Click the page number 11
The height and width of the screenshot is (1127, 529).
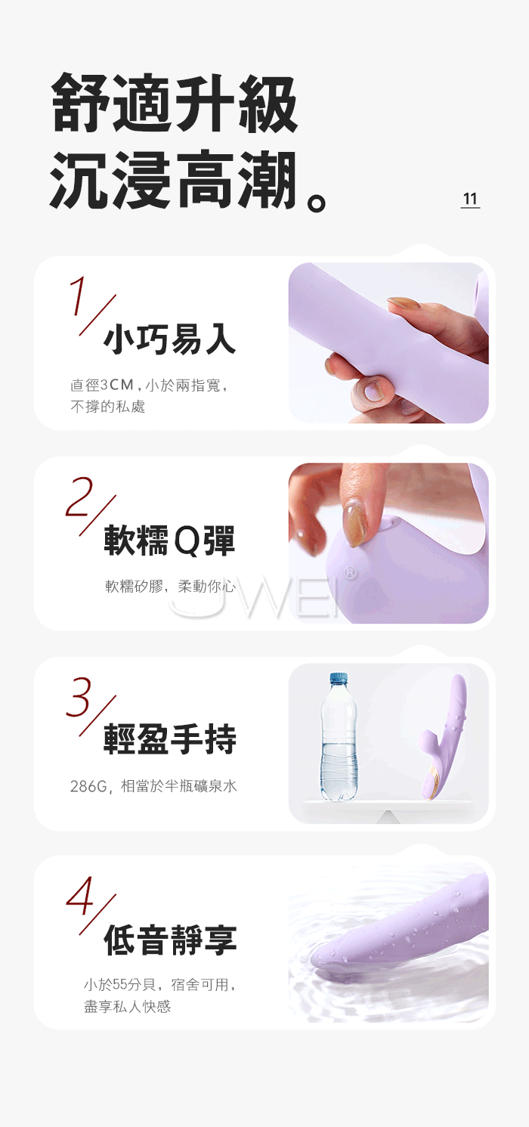469,199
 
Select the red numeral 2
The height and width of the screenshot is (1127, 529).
79,497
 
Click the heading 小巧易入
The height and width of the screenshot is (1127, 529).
169,339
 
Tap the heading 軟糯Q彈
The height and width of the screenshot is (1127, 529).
169,540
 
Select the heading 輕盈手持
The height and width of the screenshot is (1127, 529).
169,739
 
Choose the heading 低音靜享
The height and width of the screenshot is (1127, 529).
170,940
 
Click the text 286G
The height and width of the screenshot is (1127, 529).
88,786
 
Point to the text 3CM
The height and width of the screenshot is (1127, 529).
117,385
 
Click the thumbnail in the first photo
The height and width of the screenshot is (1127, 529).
373,391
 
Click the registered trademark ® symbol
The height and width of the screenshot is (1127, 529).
350,572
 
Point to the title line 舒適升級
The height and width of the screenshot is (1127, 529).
175,103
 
